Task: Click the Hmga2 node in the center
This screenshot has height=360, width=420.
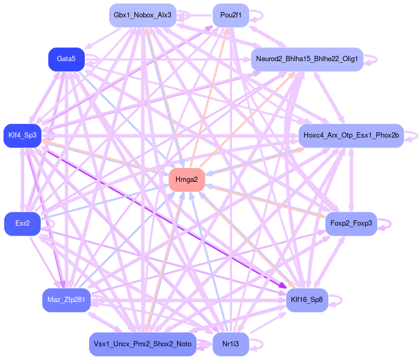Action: [x=187, y=180]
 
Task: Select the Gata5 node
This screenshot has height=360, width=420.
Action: [x=66, y=59]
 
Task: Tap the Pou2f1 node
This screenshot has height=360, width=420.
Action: [x=231, y=15]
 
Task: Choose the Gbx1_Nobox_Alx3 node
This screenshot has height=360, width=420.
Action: [x=142, y=15]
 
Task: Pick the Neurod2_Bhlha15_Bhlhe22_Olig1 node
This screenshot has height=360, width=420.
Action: [x=307, y=59]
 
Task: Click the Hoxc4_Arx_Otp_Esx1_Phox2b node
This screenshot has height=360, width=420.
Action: [x=350, y=135]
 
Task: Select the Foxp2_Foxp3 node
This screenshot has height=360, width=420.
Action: [x=351, y=223]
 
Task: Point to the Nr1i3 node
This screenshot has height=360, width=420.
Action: [x=230, y=344]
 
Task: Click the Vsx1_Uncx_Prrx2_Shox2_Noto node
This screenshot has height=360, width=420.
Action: [x=142, y=344]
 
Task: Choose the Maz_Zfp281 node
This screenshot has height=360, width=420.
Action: [x=66, y=300]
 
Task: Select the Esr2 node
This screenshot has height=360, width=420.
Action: [x=22, y=223]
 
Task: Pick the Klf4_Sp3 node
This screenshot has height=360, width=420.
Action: [x=22, y=135]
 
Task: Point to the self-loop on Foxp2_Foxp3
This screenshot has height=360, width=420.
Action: [x=389, y=223]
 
